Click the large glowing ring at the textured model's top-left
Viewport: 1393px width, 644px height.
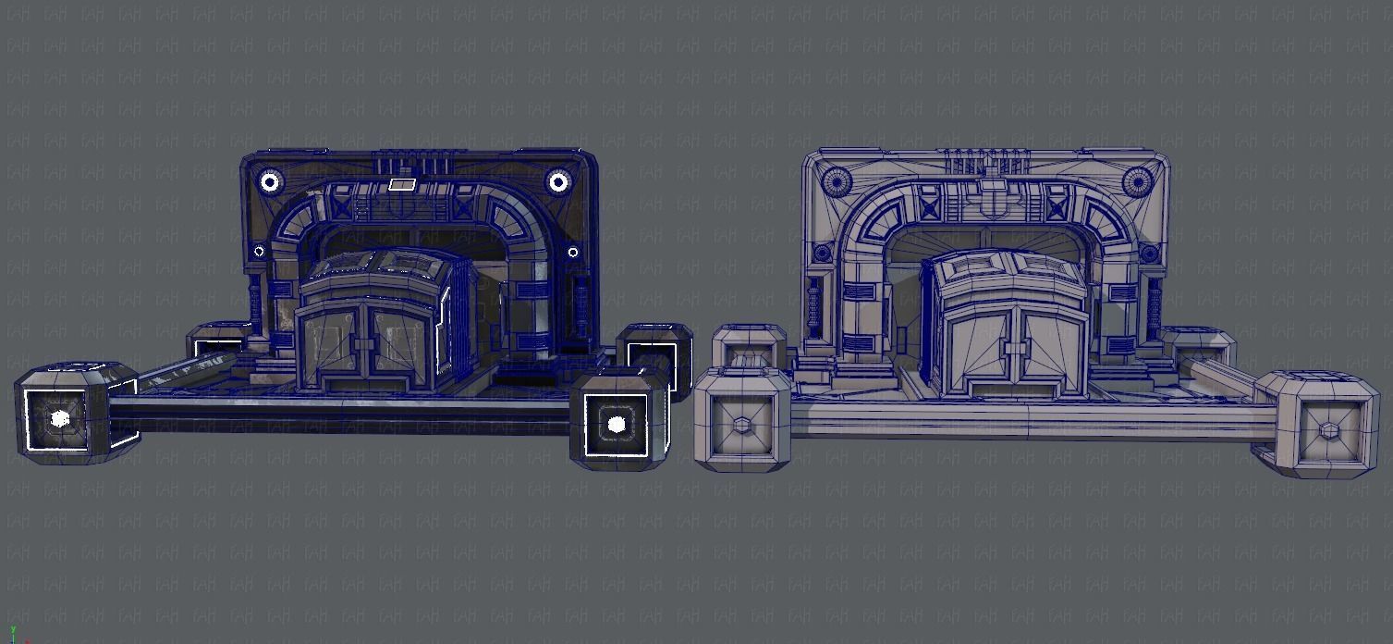[x=269, y=182]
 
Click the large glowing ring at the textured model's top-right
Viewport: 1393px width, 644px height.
[x=558, y=182]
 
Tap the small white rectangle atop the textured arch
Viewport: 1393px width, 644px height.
[x=401, y=184]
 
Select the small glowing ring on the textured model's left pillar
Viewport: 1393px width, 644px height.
[x=259, y=251]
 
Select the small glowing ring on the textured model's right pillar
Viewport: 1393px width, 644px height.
[x=572, y=252]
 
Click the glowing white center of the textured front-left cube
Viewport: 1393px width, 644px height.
[x=60, y=418]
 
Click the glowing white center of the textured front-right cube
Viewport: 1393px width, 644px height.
[x=617, y=426]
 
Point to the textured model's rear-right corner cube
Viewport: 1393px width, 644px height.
[x=655, y=356]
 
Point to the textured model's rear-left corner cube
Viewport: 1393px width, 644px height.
[x=217, y=341]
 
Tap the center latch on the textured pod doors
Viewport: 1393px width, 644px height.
[x=365, y=346]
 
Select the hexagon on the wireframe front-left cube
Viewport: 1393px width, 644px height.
[x=742, y=426]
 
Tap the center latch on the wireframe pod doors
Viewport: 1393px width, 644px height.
[x=1015, y=350]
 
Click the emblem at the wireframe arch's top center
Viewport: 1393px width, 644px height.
[x=986, y=195]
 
